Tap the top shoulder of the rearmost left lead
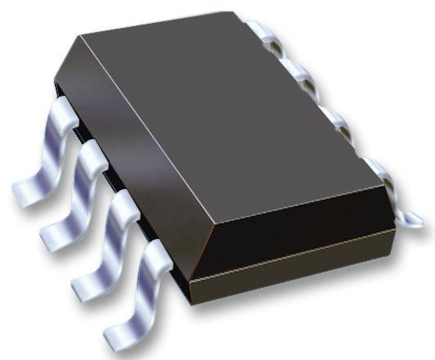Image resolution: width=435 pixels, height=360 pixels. point(65,110)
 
